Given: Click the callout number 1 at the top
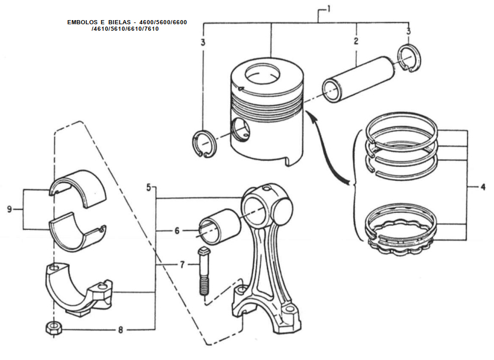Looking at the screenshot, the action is click(x=328, y=9).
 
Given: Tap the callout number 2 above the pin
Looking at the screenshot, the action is click(x=356, y=41).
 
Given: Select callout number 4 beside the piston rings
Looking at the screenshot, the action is click(x=483, y=187).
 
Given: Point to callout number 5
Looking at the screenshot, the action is click(x=148, y=187).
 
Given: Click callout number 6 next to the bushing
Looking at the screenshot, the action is click(x=177, y=231).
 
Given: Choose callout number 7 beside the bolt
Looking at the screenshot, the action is click(x=182, y=265).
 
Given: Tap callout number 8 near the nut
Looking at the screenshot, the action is click(x=120, y=330).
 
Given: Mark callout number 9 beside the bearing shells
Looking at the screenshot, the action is click(x=9, y=209).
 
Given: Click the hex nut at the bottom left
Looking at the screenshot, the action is click(x=54, y=329).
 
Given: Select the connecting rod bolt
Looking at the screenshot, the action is click(x=204, y=271).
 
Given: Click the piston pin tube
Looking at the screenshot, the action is click(x=358, y=79).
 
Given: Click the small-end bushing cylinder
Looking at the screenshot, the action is click(x=219, y=227).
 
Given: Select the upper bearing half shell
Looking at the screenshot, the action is click(x=79, y=188).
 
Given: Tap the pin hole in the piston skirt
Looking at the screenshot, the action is click(x=241, y=129).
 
